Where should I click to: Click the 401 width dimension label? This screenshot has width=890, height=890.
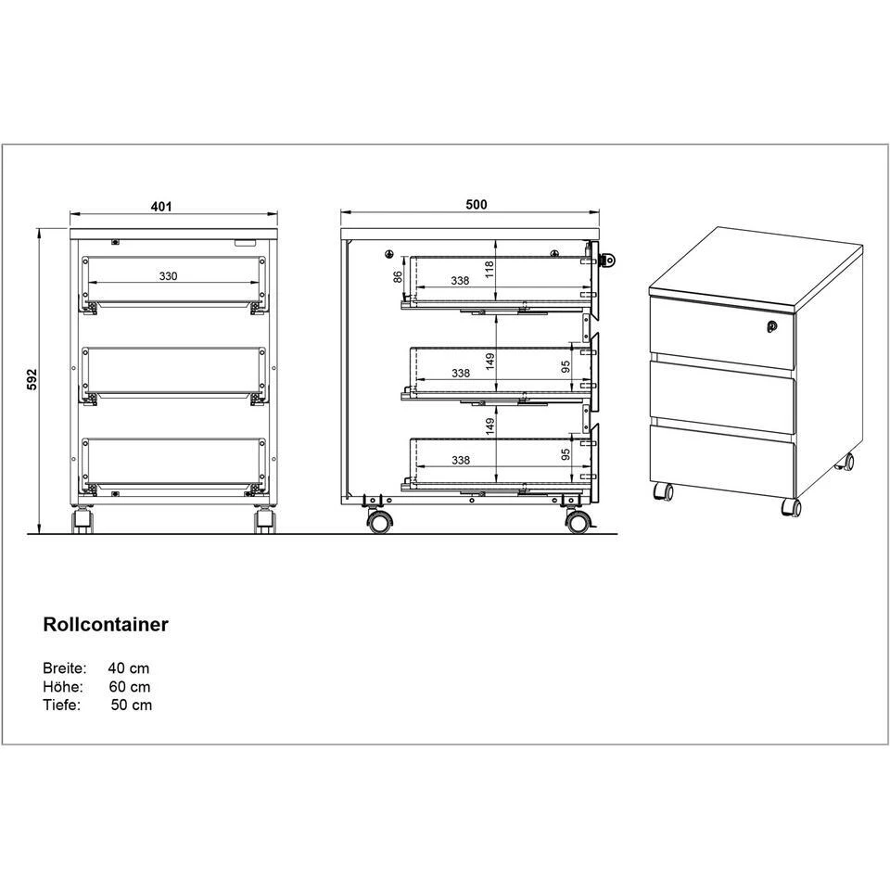tap(161, 206)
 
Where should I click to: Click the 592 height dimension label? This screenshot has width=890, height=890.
tap(32, 379)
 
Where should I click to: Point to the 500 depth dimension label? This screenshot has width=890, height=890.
tap(477, 204)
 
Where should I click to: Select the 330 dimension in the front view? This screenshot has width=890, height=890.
tap(168, 276)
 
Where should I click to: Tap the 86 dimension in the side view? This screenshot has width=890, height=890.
tap(399, 276)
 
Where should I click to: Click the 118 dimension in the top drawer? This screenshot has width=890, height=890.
tap(489, 269)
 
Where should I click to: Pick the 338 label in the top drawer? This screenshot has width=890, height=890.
tap(461, 280)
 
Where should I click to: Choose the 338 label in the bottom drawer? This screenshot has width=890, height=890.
tap(461, 460)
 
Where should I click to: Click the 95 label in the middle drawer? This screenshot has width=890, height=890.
tap(566, 367)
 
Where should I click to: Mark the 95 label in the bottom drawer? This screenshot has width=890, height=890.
tap(566, 454)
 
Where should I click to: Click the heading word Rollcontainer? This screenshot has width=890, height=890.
tap(106, 624)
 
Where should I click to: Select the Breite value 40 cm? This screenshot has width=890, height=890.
tap(129, 668)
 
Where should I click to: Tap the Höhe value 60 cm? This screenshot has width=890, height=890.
tap(130, 687)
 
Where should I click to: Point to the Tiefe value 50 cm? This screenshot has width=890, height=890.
tap(132, 705)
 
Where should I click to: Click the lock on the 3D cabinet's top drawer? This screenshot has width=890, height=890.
tap(771, 325)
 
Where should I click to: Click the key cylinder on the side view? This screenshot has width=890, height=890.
tap(608, 260)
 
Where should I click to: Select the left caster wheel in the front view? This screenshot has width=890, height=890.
tap(83, 521)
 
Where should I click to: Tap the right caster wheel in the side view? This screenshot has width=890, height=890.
tap(578, 522)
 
